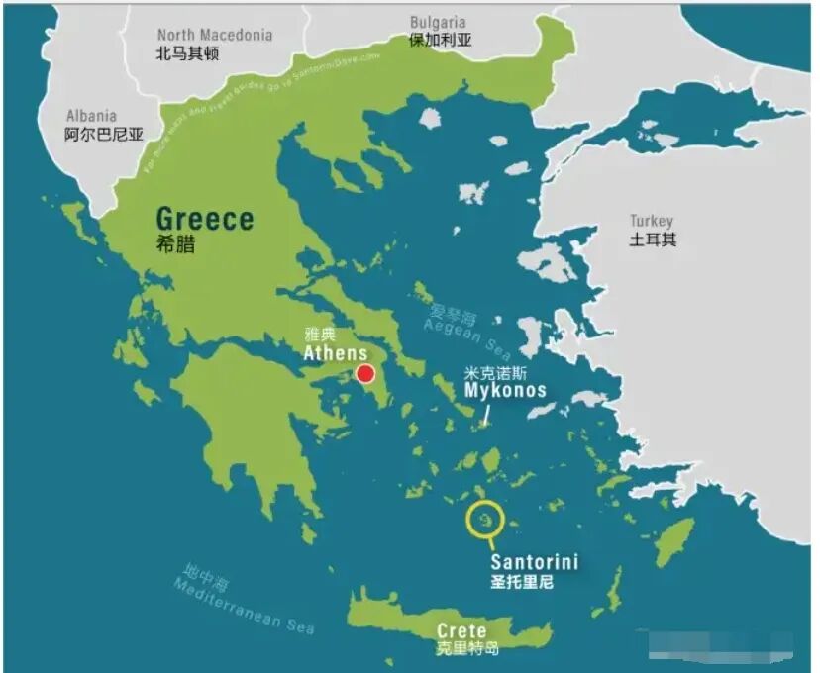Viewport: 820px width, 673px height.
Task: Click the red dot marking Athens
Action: tap(365, 373)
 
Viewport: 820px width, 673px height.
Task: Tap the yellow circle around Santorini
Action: tap(484, 520)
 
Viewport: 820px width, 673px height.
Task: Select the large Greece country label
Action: tap(205, 219)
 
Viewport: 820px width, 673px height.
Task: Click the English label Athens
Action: tap(336, 353)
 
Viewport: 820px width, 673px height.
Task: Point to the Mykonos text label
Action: tap(505, 390)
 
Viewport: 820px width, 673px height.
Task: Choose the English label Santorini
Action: tap(535, 562)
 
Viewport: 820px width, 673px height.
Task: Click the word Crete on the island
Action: tap(461, 630)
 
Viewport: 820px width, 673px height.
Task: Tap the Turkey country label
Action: tap(652, 221)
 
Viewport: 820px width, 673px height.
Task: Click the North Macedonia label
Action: tap(215, 35)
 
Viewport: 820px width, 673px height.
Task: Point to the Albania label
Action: tap(91, 116)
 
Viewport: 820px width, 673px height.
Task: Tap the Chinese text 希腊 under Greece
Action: tap(175, 244)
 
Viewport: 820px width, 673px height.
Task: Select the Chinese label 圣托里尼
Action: tap(522, 582)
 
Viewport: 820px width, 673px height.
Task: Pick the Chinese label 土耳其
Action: tap(653, 240)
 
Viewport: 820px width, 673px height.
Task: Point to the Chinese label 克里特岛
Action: tap(467, 649)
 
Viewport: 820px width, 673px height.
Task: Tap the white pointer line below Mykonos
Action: tap(486, 415)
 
